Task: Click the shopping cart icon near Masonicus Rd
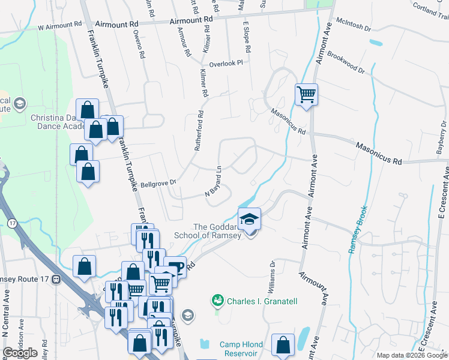click(x=306, y=95)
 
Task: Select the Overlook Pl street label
click(x=225, y=63)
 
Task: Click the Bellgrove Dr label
click(x=158, y=182)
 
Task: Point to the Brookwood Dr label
click(x=346, y=62)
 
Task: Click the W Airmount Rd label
click(x=59, y=26)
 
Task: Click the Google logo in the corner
click(x=20, y=353)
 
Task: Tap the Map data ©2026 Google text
click(x=411, y=355)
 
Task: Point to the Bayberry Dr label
click(x=442, y=138)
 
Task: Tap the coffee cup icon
click(x=174, y=267)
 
